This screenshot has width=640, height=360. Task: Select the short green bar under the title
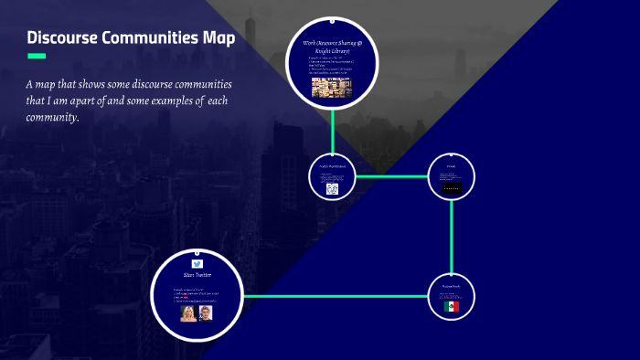click(x=37, y=57)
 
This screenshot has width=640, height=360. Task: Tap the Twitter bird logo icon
click(x=197, y=263)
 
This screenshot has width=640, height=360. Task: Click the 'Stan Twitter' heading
click(x=197, y=275)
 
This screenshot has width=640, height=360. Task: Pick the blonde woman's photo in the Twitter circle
click(x=188, y=312)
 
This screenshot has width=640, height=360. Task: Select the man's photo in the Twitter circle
click(x=207, y=312)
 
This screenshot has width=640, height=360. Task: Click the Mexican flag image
click(x=452, y=307)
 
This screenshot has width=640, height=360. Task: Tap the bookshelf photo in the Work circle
click(x=332, y=87)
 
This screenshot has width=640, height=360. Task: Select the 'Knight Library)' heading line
click(x=333, y=52)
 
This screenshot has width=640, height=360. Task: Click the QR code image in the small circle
click(x=333, y=189)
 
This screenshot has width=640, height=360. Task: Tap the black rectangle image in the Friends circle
click(x=452, y=187)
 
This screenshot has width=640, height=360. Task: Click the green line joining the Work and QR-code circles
click(x=333, y=128)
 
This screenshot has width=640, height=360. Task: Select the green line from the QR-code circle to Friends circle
click(x=391, y=175)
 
